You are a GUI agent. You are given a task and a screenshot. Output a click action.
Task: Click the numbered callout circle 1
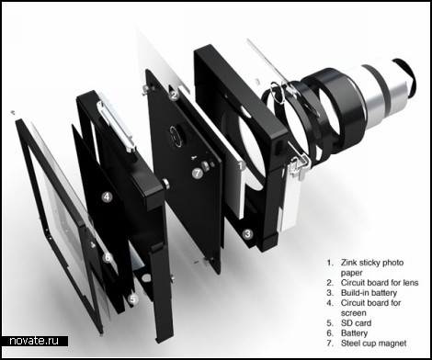[242, 165]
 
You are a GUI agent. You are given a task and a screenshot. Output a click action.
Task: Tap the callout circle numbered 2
[174, 96]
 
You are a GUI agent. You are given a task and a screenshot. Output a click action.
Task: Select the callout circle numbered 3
[247, 234]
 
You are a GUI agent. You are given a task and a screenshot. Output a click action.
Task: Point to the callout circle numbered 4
[107, 197]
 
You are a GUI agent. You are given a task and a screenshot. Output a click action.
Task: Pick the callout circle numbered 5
[132, 298]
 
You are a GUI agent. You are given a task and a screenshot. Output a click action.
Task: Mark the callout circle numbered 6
[108, 257]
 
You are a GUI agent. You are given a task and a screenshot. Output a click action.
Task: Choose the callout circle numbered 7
[198, 174]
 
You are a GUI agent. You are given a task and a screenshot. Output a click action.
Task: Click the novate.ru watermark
[34, 341]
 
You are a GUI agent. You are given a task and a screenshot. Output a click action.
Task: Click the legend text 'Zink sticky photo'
[372, 263]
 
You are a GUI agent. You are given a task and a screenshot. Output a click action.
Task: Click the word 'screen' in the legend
[353, 313]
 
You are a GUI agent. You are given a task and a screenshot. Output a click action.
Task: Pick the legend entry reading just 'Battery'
[354, 333]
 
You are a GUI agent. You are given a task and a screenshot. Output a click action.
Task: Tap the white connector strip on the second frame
[115, 126]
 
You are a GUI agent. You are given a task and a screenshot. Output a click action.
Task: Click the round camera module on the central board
[176, 137]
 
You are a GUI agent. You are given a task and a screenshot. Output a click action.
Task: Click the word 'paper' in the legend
[351, 273]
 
